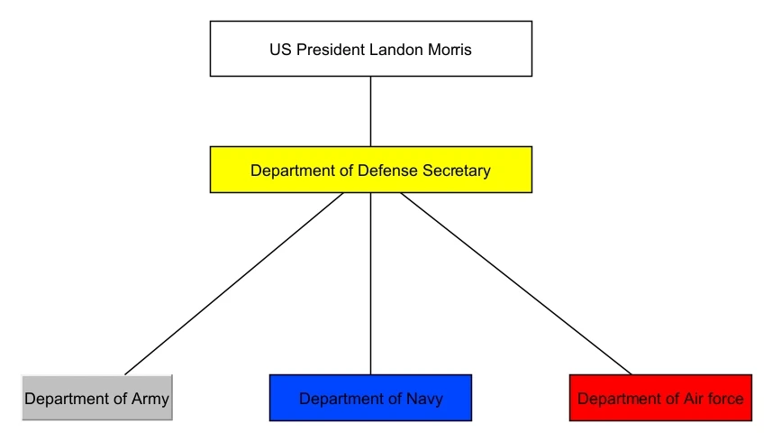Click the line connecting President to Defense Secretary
pos(370,111)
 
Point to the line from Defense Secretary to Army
pos(234,283)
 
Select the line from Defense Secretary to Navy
pos(370,283)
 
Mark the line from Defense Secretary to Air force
pos(515,283)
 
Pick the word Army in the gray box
pos(150,399)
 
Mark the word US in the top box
pos(279,50)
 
